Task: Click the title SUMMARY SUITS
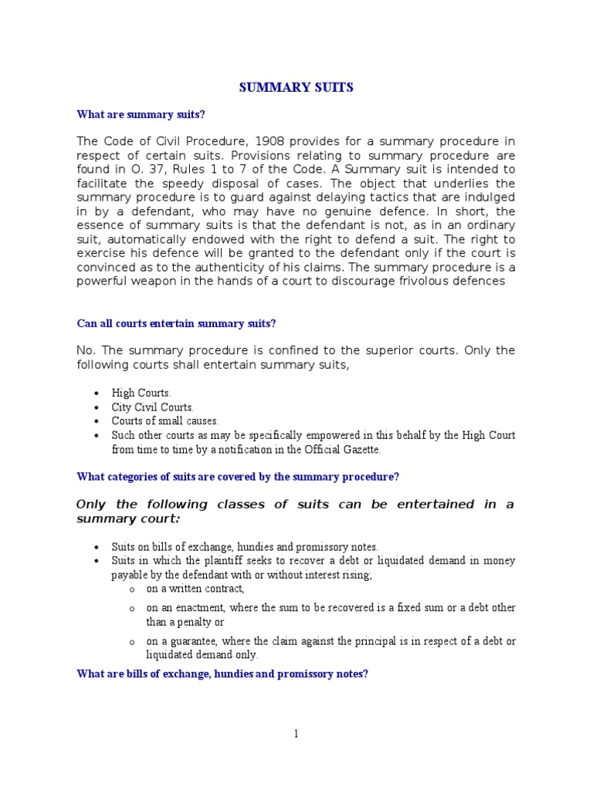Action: [296, 88]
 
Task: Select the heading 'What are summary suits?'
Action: [141, 115]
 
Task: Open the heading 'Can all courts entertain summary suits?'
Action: [175, 323]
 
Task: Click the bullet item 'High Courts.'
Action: [141, 393]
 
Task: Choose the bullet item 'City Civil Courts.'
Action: [153, 407]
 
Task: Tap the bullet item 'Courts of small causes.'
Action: [165, 421]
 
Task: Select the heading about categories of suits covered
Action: [238, 477]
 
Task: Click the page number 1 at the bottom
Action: [296, 734]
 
